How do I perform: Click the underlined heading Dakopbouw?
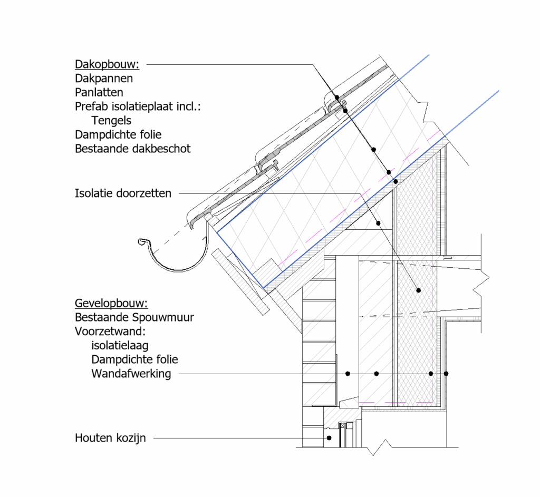coord(107,64)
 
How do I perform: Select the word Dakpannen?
coord(104,79)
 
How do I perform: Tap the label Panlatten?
coord(99,93)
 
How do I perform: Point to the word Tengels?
coord(111,121)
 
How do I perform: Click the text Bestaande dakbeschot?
coord(132,149)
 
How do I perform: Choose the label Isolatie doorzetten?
coord(123,193)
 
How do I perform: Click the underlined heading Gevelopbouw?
coord(111,303)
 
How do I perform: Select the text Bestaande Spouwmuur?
coord(134,317)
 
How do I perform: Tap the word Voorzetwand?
coord(110,332)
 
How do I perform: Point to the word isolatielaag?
coord(120,346)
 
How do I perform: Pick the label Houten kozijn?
coord(110,438)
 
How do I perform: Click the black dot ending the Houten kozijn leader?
coord(329,438)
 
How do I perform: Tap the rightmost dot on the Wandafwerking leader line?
coord(446,374)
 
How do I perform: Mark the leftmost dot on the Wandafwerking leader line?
coord(348,374)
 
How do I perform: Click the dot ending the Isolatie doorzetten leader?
coord(418,290)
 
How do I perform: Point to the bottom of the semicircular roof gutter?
coord(178,270)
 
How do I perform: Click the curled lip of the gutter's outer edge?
coord(142,242)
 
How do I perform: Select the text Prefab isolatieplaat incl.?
coord(138,106)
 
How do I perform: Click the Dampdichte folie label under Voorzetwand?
coord(134,359)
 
